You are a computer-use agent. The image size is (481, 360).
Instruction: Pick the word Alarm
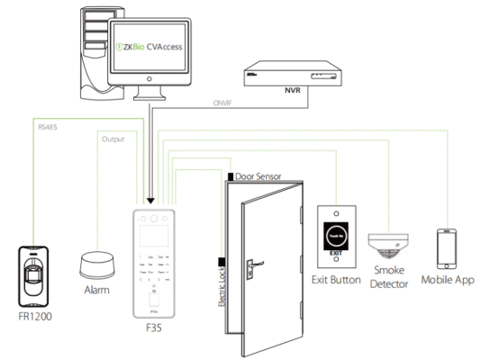pos(96,291)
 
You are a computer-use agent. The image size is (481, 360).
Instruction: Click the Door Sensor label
pos(262,176)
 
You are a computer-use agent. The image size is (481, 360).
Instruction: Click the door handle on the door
pos(255,265)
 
